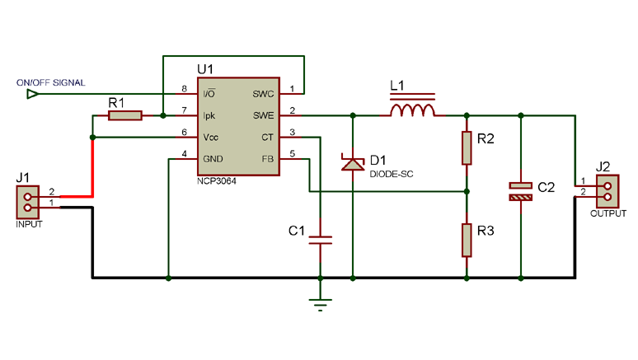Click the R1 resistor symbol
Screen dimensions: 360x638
(125, 116)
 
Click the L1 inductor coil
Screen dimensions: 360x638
(412, 110)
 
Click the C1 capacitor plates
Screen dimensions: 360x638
(320, 240)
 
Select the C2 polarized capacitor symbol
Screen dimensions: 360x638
(520, 190)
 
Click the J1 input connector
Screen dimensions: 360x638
(28, 199)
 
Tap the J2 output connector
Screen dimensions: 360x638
(608, 191)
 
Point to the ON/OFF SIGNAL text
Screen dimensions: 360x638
(50, 82)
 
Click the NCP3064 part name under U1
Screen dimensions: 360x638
(217, 180)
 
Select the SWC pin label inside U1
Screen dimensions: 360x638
(263, 94)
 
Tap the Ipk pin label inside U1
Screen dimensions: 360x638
(209, 115)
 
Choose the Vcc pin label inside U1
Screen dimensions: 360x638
(211, 137)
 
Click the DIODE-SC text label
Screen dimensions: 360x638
(389, 173)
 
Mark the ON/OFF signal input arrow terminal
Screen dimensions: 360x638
(32, 94)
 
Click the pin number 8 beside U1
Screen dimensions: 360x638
(185, 89)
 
